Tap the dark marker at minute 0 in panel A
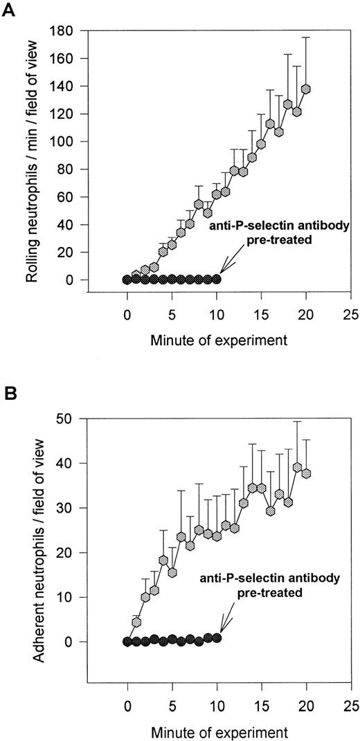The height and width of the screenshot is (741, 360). coord(127,280)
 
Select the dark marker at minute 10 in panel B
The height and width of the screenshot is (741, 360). coord(217,638)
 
